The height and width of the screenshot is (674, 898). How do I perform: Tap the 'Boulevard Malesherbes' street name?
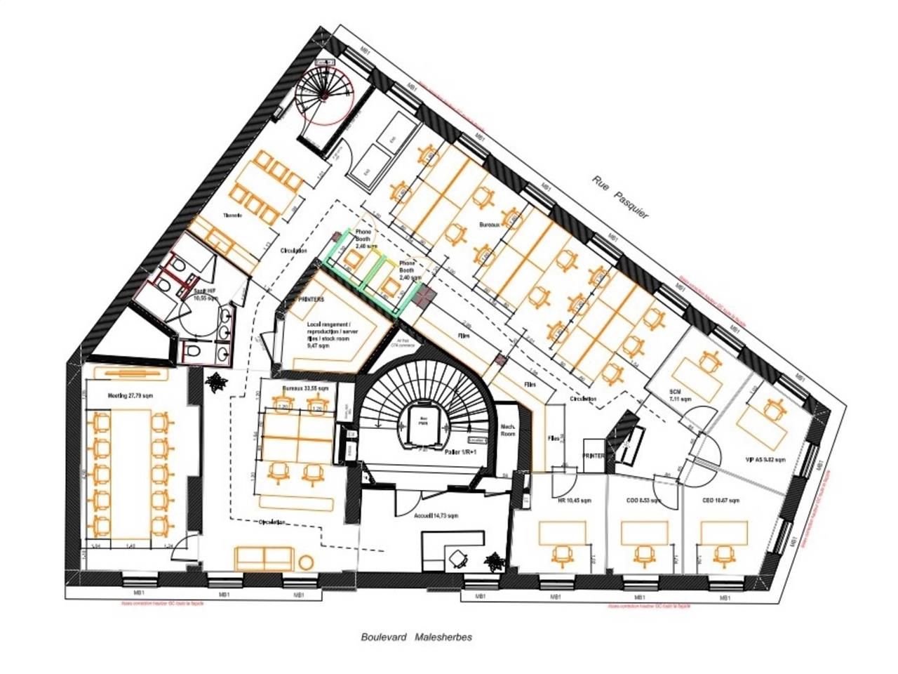[416, 637]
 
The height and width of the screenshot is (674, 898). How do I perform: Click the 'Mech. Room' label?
[509, 429]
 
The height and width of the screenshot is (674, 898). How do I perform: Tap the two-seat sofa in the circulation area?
[265, 558]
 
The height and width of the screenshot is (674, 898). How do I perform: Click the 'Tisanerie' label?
[232, 216]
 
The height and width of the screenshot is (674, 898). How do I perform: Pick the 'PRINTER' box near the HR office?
[593, 456]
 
